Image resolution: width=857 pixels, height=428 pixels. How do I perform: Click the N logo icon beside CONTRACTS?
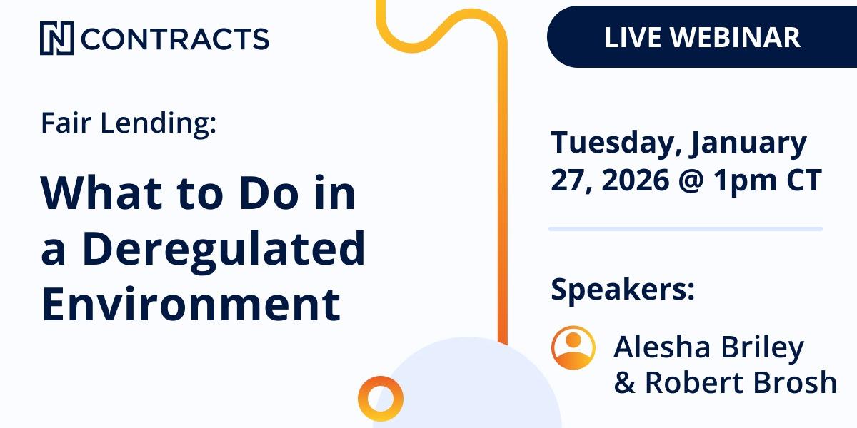click(56, 39)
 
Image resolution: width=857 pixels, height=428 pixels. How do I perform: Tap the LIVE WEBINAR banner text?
click(702, 37)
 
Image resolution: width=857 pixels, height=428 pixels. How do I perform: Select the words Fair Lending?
click(129, 123)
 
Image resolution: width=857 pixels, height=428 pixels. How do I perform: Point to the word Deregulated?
click(223, 248)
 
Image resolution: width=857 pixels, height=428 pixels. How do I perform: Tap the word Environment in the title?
click(190, 303)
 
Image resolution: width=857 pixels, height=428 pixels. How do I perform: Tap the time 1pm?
click(751, 181)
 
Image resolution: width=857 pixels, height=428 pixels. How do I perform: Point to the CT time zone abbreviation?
click(804, 180)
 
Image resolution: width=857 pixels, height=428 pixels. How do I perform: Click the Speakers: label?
click(622, 290)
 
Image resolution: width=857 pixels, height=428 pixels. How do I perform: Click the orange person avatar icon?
click(573, 347)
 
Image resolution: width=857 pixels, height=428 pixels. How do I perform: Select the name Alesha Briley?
click(708, 347)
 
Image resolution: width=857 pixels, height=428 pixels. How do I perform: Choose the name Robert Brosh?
click(741, 382)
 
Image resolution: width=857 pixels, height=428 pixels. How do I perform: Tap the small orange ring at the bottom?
click(381, 398)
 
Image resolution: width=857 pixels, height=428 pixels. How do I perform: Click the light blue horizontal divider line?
click(686, 229)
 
